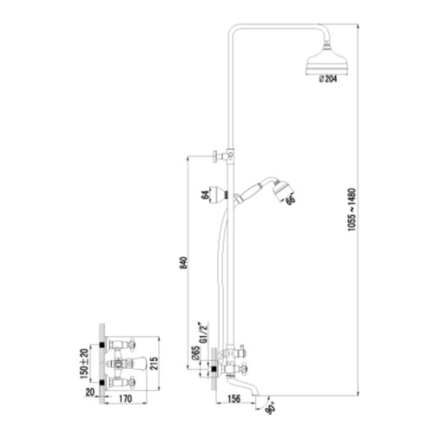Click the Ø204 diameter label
[x=328, y=79]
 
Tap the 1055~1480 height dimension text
[x=352, y=210]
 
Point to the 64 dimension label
[x=205, y=195]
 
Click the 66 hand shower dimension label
[x=290, y=200]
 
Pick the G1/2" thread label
[x=204, y=332]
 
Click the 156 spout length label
[x=233, y=398]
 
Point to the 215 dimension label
[x=155, y=363]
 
